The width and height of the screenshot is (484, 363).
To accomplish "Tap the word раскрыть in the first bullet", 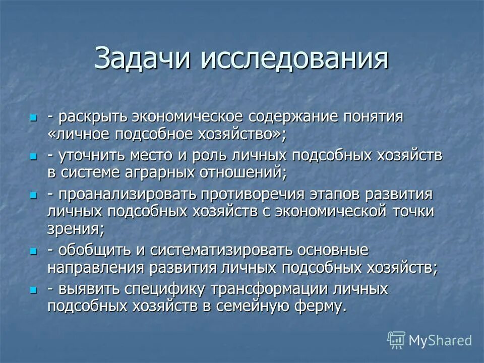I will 94,117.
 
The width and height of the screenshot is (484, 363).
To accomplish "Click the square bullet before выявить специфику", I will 34,290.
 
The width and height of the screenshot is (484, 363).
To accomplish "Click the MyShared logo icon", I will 396,340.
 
